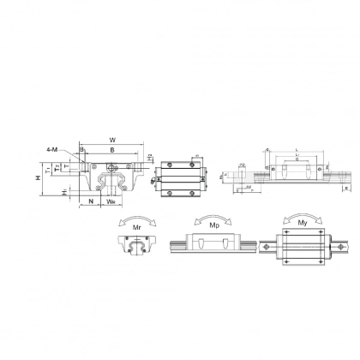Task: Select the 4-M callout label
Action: coord(52,150)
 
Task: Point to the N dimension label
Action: coord(90,203)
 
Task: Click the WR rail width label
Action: coord(112,203)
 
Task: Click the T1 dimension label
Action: coord(58,168)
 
